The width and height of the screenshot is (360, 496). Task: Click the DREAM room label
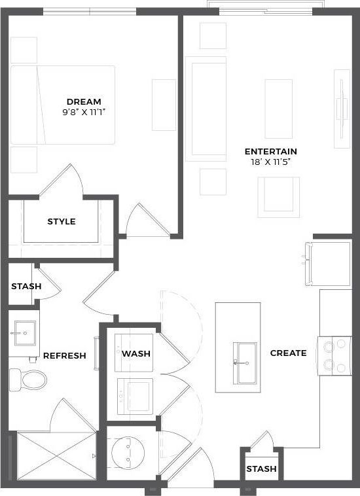pyautogui.click(x=84, y=101)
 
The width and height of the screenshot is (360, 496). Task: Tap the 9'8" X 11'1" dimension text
pyautogui.click(x=84, y=112)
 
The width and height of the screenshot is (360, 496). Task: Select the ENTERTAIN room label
pyautogui.click(x=270, y=151)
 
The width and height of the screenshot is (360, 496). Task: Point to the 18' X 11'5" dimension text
pyautogui.click(x=270, y=162)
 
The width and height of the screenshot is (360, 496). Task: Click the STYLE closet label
pyautogui.click(x=62, y=221)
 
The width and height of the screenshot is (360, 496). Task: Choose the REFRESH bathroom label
pyautogui.click(x=64, y=356)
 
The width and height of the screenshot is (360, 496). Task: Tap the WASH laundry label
pyautogui.click(x=136, y=353)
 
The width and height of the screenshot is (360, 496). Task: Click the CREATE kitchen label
pyautogui.click(x=288, y=353)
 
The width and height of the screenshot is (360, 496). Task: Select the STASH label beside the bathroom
pyautogui.click(x=26, y=287)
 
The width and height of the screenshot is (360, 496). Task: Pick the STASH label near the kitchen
pyautogui.click(x=261, y=469)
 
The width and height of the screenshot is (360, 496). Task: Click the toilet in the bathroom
pyautogui.click(x=27, y=378)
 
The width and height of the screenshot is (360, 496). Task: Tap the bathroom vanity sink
pyautogui.click(x=21, y=334)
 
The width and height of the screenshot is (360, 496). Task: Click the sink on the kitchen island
pyautogui.click(x=246, y=354)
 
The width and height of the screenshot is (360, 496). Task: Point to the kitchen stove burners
pyautogui.click(x=334, y=354)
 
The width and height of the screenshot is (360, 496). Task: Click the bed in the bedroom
pyautogui.click(x=63, y=105)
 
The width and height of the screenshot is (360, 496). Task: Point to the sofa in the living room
pyautogui.click(x=206, y=108)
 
